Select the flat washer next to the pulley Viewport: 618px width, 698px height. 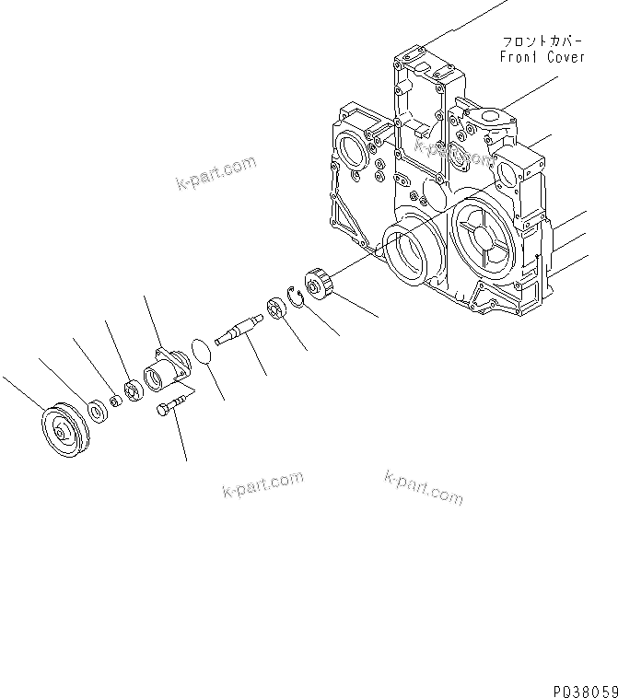coord(95,408)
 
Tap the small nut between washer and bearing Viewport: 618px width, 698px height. coord(116,400)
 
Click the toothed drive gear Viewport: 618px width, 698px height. coord(318,283)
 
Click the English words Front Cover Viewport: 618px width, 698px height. coord(542,57)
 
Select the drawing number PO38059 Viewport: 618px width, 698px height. coord(585,688)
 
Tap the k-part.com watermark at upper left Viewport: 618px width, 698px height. coord(215,172)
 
